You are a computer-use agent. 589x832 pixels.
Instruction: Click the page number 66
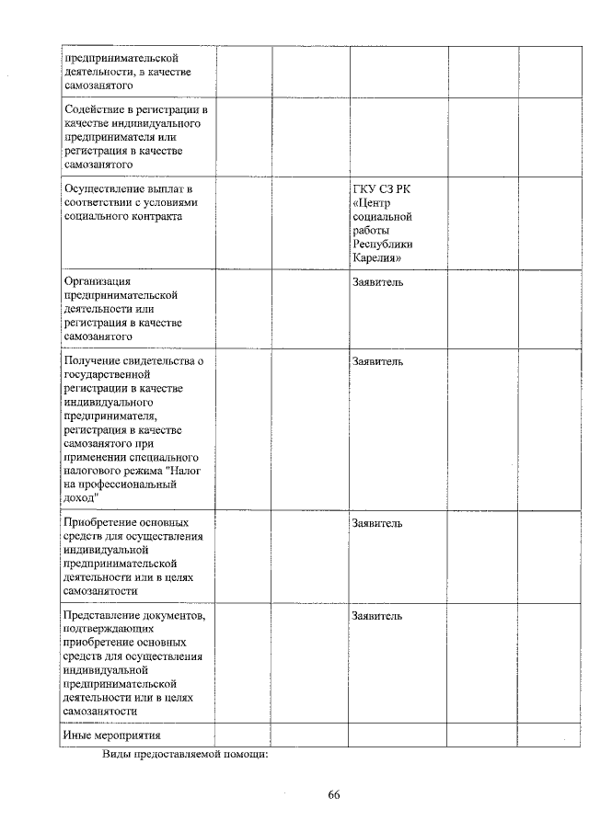point(334,796)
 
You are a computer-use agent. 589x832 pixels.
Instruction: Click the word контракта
point(155,216)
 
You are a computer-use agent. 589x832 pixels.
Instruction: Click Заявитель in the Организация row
point(377,281)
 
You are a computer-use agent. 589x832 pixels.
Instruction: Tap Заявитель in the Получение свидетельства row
point(377,361)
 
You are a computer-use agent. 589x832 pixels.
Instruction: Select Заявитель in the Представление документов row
point(377,615)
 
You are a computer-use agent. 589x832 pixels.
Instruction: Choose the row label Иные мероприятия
point(111,735)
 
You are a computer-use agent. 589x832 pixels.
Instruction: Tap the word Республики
point(382,244)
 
